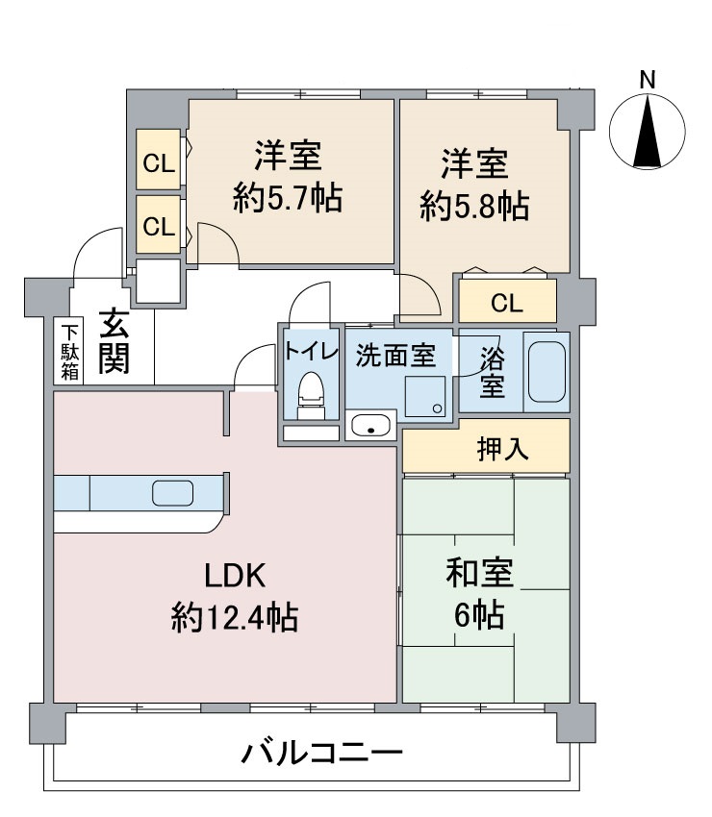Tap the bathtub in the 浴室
click(x=547, y=371)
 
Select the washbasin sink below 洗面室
click(x=370, y=425)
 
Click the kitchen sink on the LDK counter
click(x=172, y=493)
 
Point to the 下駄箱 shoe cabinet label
click(x=70, y=353)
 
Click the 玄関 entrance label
click(x=114, y=341)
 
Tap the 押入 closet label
click(x=502, y=449)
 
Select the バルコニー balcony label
click(x=321, y=754)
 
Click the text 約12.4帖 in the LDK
click(x=234, y=617)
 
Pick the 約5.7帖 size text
click(x=288, y=198)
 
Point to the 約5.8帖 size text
click(x=474, y=207)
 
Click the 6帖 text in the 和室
click(x=479, y=615)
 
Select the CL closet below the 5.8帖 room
click(x=507, y=301)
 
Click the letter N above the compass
click(x=648, y=80)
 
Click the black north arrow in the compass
click(x=648, y=132)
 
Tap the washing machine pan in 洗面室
click(x=425, y=397)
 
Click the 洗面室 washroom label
click(x=395, y=356)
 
